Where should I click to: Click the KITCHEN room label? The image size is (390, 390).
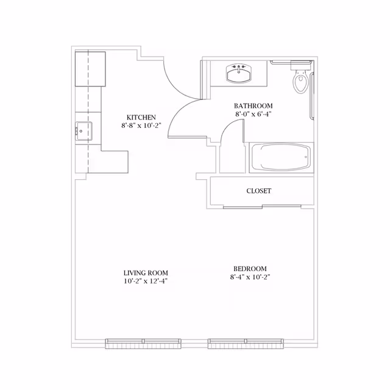(x=141, y=118)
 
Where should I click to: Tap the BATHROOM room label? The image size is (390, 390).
(x=253, y=105)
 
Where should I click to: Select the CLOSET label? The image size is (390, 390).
(x=258, y=191)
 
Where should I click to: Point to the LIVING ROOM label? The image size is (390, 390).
(x=145, y=273)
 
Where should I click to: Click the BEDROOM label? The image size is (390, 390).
(x=250, y=269)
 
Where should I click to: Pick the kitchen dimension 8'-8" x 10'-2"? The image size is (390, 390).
(x=141, y=126)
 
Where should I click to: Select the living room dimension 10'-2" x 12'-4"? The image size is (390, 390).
(x=145, y=281)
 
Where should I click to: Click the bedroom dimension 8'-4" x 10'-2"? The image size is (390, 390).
(x=250, y=277)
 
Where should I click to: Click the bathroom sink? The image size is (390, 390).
(x=239, y=73)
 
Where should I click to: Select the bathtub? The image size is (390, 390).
(x=280, y=158)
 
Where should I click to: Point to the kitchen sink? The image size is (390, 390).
(x=83, y=130)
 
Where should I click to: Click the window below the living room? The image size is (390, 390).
(x=143, y=343)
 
